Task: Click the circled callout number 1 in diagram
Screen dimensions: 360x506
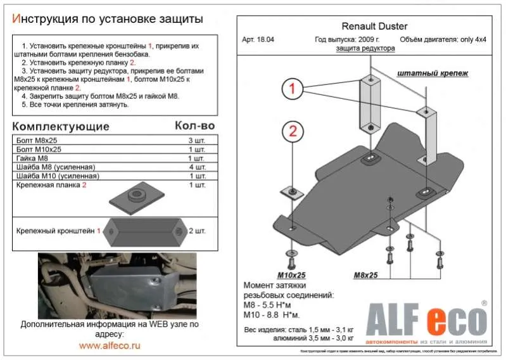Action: pos(293,89)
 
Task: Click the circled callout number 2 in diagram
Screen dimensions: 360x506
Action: pos(293,132)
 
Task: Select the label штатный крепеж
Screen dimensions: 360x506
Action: pos(433,73)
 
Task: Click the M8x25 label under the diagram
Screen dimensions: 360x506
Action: pos(366,275)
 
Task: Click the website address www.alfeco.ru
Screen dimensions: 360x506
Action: pos(110,345)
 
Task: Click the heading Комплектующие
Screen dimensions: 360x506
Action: pos(61,126)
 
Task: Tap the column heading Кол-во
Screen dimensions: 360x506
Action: pos(194,125)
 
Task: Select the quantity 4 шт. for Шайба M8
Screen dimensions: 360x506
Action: pos(197,167)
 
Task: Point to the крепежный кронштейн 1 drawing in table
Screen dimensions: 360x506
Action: pos(145,231)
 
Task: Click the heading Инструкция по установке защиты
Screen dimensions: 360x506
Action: pos(108,18)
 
